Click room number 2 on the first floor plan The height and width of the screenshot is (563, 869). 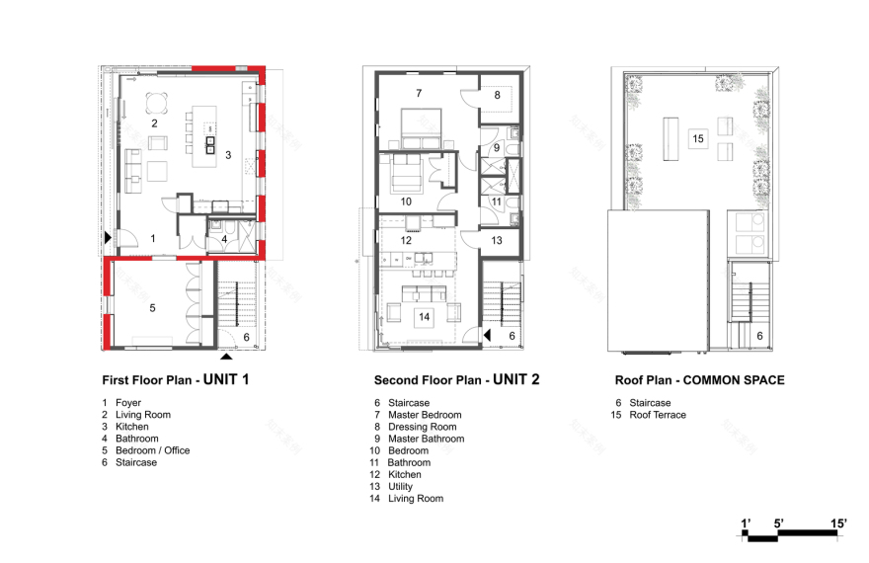point(155,123)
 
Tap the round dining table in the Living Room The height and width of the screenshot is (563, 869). point(157,103)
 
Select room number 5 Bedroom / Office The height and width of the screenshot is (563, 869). point(152,308)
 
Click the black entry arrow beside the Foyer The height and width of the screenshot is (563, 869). point(108,238)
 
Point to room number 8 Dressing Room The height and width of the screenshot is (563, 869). point(497,95)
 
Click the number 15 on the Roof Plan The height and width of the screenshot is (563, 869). point(698,138)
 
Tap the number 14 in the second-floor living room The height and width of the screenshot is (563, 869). point(424,317)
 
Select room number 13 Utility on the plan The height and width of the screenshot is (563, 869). point(497,240)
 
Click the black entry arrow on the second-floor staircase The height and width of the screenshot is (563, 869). point(487,335)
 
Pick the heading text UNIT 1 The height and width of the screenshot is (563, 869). point(226,379)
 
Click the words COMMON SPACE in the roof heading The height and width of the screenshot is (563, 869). point(734,380)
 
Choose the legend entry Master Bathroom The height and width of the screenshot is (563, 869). point(427,439)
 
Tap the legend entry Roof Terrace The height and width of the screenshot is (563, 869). point(658,415)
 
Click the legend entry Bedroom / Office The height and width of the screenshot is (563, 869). point(152,450)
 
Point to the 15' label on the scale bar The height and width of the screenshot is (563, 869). point(838,523)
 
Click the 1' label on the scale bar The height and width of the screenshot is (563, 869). point(746,523)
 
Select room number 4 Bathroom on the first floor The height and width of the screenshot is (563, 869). point(224,239)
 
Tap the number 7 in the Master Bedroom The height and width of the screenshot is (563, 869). point(419,93)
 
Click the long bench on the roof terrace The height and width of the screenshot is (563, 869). point(671,138)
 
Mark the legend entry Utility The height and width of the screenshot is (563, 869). point(400,487)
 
